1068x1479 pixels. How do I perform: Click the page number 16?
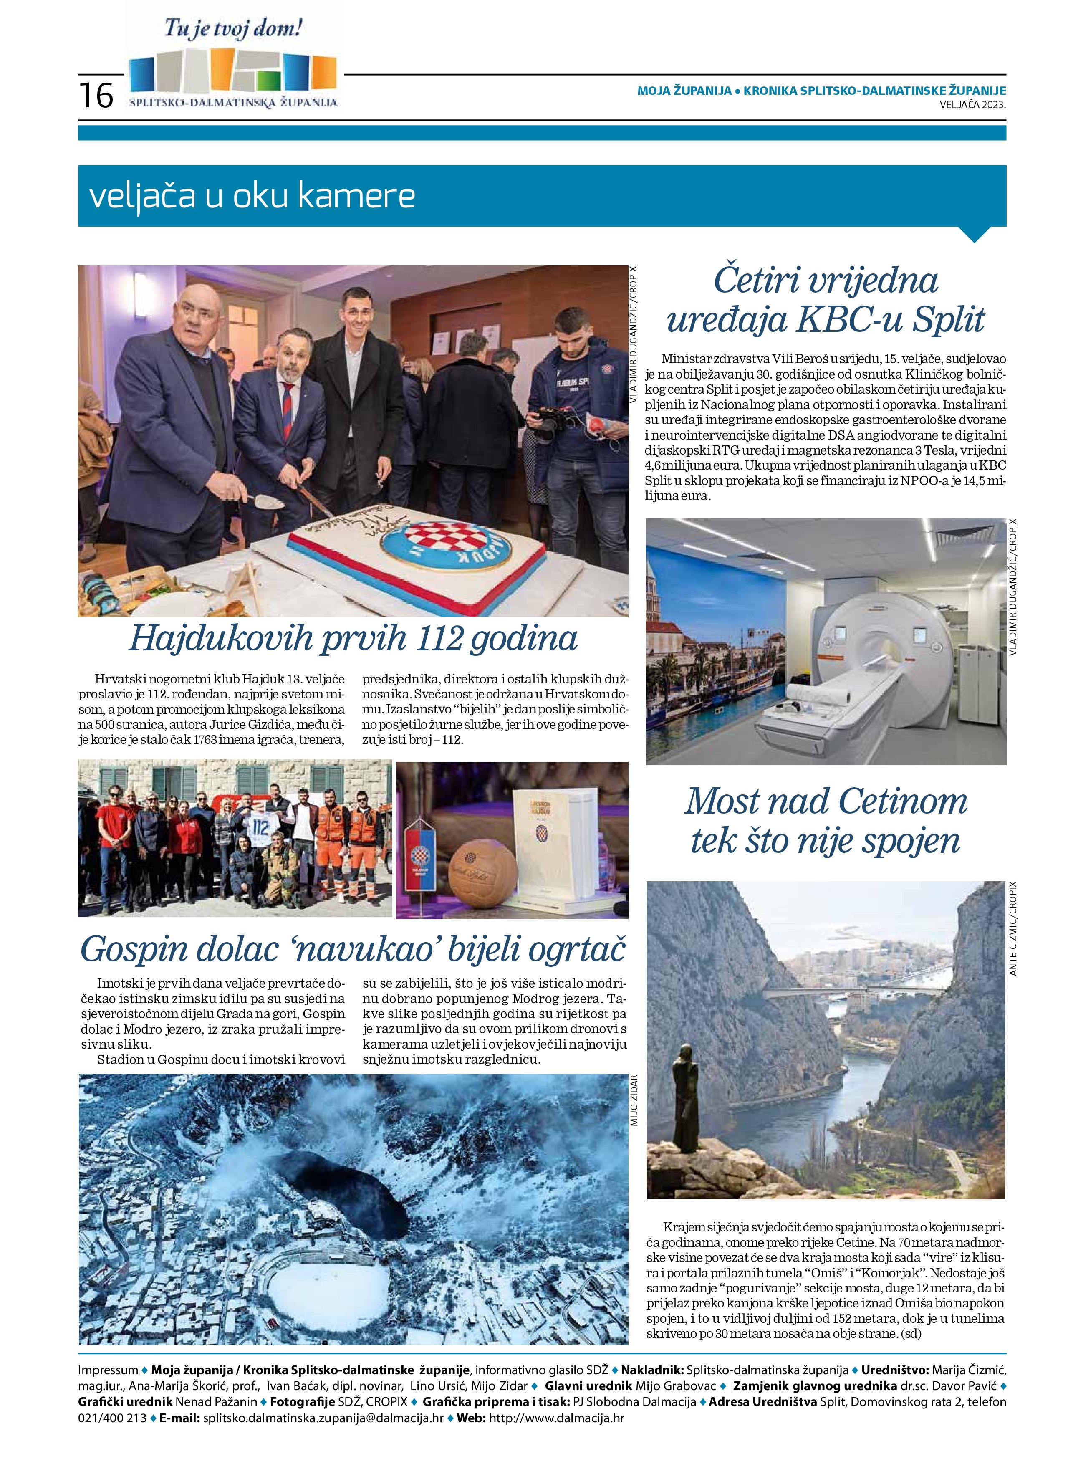click(x=96, y=95)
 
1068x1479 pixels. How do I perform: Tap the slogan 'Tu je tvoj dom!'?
click(x=233, y=29)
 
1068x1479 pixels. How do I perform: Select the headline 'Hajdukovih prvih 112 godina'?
click(x=353, y=638)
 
